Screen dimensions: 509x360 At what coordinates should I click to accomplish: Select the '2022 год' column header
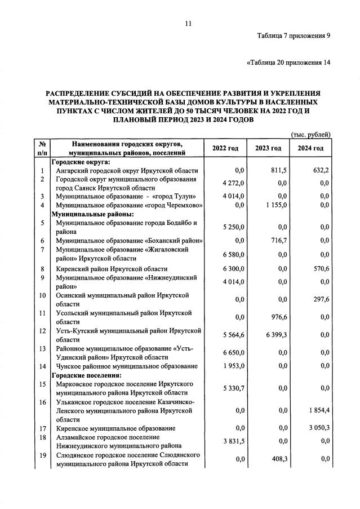tap(225, 148)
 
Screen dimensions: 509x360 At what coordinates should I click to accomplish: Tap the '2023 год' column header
tap(268, 148)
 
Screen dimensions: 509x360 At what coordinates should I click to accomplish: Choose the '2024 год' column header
tap(310, 148)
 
